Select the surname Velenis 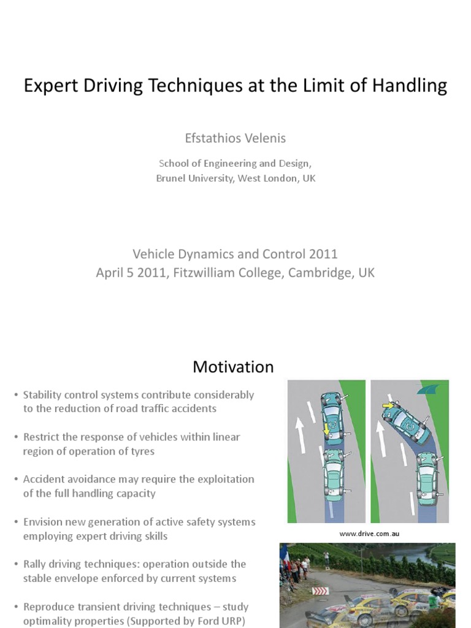(x=262, y=138)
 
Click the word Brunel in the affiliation (x=174, y=178)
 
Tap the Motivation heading (x=233, y=367)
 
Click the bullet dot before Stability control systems (x=16, y=395)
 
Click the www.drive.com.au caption (x=369, y=534)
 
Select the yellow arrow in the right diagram (x=388, y=405)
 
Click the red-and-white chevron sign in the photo (x=321, y=591)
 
